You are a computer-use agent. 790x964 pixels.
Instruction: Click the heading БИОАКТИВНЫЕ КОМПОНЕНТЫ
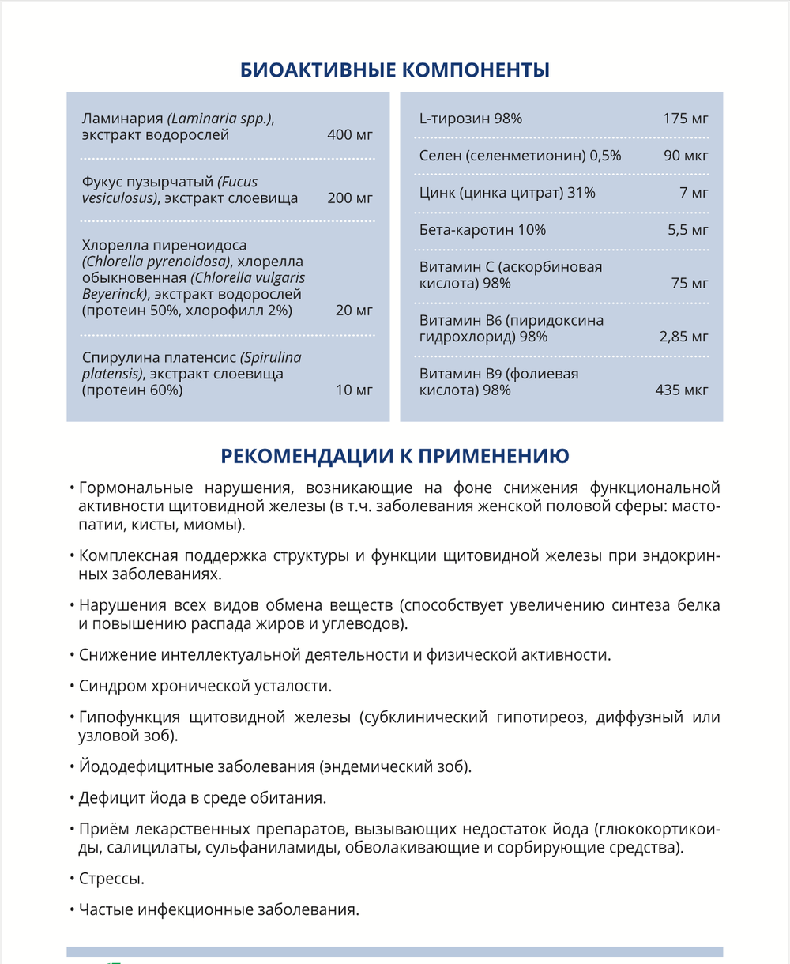click(x=395, y=70)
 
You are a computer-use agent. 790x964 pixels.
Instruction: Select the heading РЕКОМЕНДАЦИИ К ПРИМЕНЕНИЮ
click(x=395, y=456)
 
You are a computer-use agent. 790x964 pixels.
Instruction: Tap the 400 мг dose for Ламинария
click(x=349, y=135)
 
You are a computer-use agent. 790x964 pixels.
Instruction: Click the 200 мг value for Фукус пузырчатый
click(x=349, y=198)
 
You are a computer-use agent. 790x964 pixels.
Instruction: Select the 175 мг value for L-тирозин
click(x=686, y=119)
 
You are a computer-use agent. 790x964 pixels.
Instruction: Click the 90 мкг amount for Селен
click(x=686, y=156)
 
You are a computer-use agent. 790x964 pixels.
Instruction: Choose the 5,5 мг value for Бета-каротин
click(x=688, y=230)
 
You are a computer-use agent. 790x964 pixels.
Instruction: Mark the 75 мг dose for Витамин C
click(x=690, y=283)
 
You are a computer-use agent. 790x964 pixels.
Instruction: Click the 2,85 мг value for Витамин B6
click(x=683, y=337)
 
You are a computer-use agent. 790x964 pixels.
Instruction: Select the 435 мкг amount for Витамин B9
click(x=681, y=390)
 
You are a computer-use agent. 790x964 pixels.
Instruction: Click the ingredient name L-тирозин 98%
click(x=470, y=119)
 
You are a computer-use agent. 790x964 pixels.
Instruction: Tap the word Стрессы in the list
click(x=111, y=879)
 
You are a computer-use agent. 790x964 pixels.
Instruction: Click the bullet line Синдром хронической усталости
click(x=205, y=685)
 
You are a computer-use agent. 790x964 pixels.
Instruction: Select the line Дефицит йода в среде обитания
click(x=202, y=797)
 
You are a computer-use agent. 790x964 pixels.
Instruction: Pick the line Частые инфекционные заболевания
click(x=219, y=909)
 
